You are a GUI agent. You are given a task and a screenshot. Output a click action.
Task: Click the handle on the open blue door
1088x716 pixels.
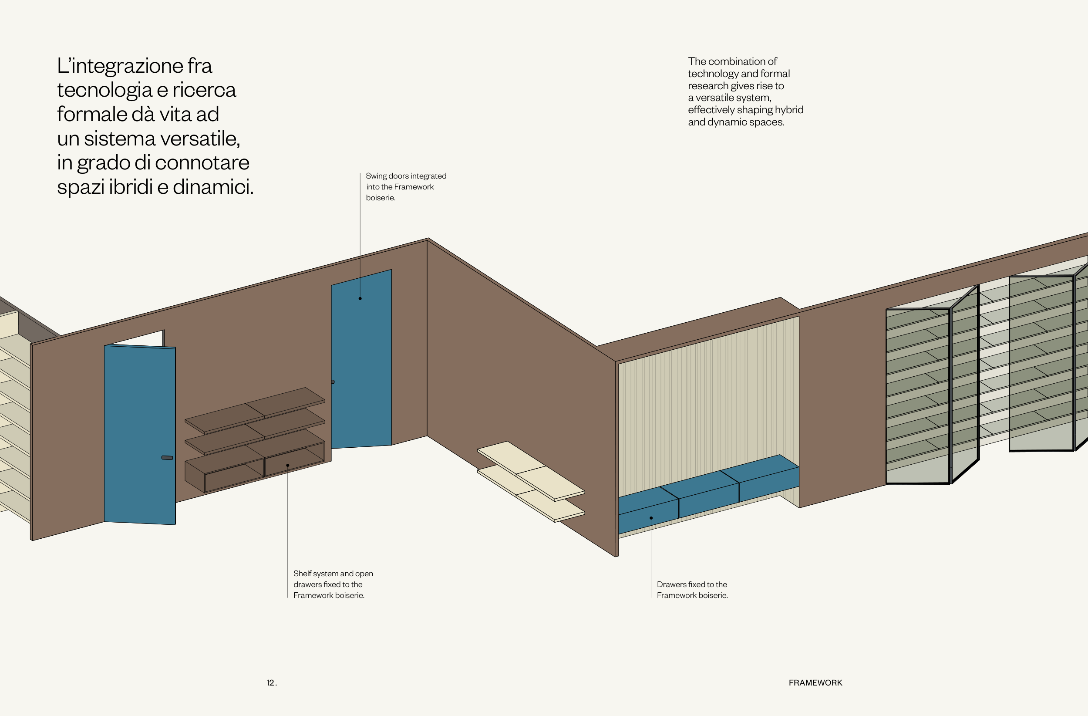pyautogui.click(x=167, y=458)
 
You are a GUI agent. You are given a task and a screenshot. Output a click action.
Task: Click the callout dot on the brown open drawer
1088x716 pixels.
pyautogui.click(x=287, y=466)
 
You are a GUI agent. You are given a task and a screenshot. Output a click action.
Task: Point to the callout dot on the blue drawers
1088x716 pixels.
pyautogui.click(x=651, y=518)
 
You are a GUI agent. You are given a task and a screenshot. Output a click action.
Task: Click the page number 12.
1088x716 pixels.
pyautogui.click(x=271, y=682)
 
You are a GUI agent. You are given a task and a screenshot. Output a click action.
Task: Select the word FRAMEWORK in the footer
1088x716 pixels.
pyautogui.click(x=815, y=682)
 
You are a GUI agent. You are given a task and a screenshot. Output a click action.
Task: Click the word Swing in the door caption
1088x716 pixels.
pyautogui.click(x=376, y=176)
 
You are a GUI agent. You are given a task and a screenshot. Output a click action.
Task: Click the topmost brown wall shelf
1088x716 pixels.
pyautogui.click(x=256, y=410)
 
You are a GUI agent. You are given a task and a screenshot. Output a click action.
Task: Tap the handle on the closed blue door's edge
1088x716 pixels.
pyautogui.click(x=333, y=382)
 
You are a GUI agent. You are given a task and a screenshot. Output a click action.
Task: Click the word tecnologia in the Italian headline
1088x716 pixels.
pyautogui.click(x=104, y=90)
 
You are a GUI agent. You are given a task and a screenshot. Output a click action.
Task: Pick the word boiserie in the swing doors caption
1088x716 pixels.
pyautogui.click(x=380, y=198)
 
